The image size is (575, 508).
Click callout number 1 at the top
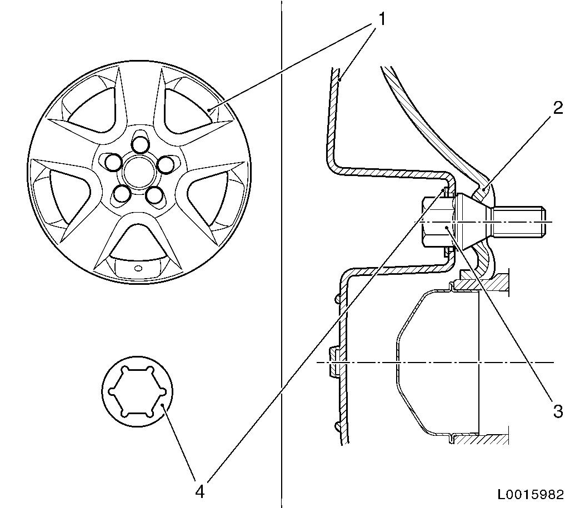point(382,19)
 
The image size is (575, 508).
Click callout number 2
point(558,108)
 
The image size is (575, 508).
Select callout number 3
point(558,411)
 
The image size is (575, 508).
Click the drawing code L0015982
point(530,495)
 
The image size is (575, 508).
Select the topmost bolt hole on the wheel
point(139,145)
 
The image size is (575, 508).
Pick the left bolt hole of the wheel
point(113,163)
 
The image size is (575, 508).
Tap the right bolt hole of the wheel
point(166,164)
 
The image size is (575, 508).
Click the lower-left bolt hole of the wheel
point(121,194)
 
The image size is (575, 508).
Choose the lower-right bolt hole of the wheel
point(154,195)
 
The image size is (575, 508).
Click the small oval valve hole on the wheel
point(138,268)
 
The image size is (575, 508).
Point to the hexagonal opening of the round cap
point(137,391)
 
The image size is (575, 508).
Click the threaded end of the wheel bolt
point(518,222)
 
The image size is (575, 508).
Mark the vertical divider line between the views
point(282,254)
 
